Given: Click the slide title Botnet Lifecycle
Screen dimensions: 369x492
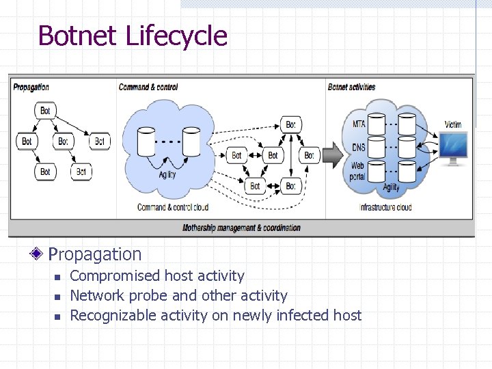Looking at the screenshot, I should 133,36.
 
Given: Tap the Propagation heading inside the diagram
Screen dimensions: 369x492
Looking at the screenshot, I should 31,87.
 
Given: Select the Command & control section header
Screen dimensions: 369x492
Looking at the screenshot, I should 148,87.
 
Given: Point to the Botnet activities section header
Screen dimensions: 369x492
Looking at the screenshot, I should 351,87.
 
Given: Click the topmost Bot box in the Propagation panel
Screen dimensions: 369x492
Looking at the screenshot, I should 45,111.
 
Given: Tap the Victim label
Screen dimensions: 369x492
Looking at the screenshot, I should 452,125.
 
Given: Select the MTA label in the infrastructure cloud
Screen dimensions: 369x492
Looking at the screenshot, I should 359,124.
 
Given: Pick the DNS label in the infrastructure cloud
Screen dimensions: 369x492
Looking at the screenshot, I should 359,147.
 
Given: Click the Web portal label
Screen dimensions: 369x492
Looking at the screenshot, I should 357,171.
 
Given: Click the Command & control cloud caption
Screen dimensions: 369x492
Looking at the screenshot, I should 172,207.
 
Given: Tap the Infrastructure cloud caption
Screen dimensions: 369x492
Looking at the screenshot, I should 386,207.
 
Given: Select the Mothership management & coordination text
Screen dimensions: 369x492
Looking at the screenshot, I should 241,228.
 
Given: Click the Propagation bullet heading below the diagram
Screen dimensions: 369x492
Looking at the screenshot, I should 95,254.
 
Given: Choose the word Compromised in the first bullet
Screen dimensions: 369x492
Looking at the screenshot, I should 115,276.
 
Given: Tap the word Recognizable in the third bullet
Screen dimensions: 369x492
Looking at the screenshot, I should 113,315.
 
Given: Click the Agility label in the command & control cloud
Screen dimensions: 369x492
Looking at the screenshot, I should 167,174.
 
